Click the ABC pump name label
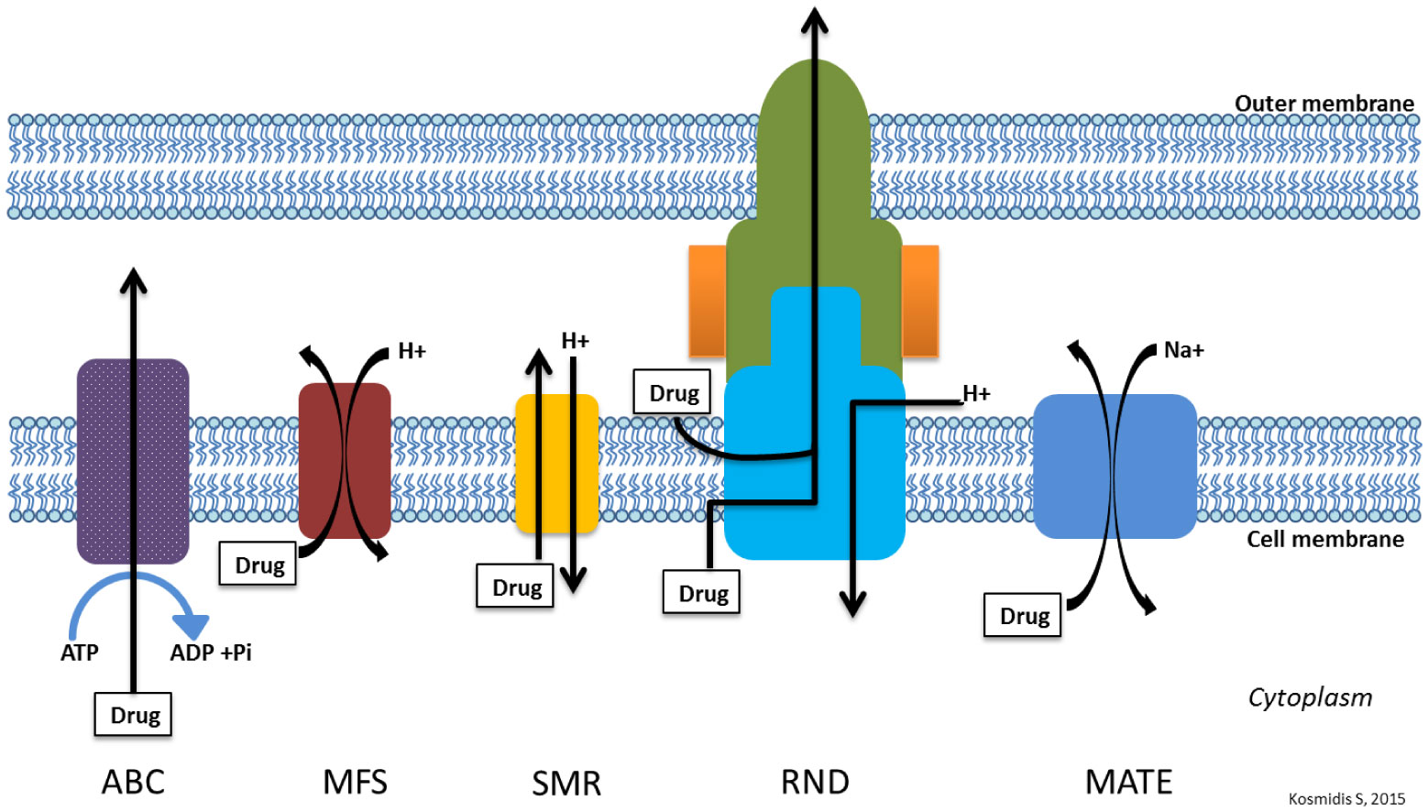[133, 782]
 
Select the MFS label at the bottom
[355, 782]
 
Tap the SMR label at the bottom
[566, 784]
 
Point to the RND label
[815, 782]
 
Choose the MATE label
[1128, 782]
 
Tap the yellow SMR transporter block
[555, 463]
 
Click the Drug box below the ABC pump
[134, 715]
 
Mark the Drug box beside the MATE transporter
[1023, 616]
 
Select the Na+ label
[1183, 350]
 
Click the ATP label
[80, 653]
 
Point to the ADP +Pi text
[211, 653]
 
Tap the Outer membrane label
[1324, 104]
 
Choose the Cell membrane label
[1324, 539]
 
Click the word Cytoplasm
[1310, 697]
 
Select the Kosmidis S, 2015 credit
[1346, 799]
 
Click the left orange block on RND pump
[707, 300]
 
